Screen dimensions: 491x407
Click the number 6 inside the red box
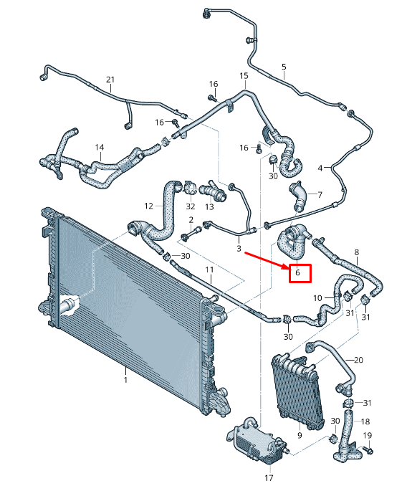(x=300, y=273)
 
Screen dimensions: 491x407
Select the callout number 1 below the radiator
(x=125, y=379)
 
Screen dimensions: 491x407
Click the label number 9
(x=299, y=434)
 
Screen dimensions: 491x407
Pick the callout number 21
(x=110, y=79)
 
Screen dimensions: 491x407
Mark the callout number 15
(x=244, y=75)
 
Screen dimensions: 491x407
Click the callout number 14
(x=100, y=148)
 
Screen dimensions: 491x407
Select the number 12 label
(x=148, y=206)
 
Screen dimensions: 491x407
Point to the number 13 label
(x=209, y=206)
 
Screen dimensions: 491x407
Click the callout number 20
(x=359, y=359)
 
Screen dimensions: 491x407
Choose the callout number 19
(x=368, y=435)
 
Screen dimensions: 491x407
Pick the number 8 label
(x=356, y=252)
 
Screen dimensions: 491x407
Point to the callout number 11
(x=210, y=270)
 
